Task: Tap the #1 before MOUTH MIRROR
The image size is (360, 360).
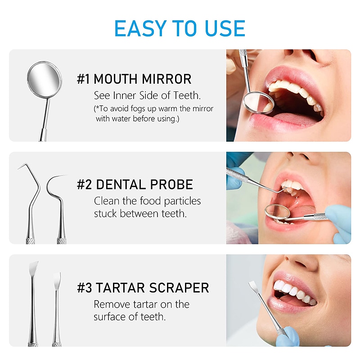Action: point(83,79)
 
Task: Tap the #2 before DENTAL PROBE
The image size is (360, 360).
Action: point(84,184)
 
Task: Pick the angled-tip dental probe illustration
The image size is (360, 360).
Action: point(30,198)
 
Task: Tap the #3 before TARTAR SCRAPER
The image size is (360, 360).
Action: point(84,288)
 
